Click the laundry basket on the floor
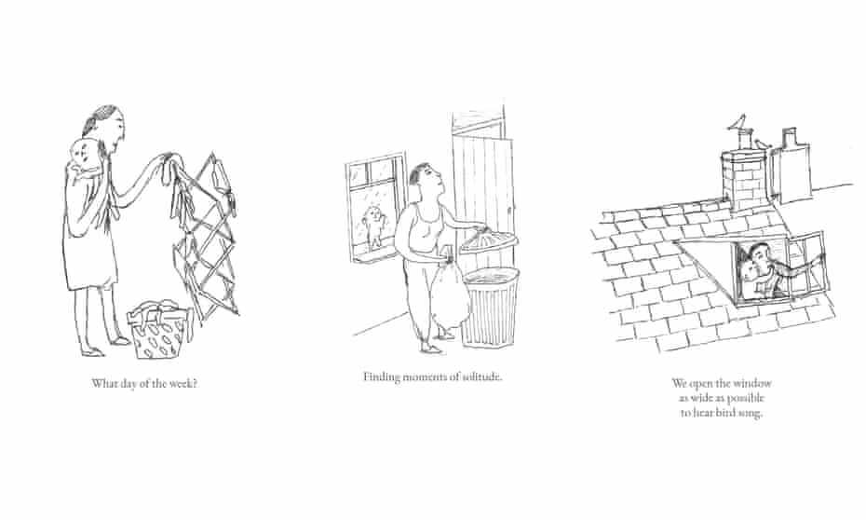tap(158, 330)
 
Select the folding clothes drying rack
tap(206, 238)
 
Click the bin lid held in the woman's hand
tap(489, 241)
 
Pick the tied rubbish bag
tap(450, 295)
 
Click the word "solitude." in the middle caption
tap(482, 376)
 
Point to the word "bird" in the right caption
tap(725, 413)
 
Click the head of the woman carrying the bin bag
tap(424, 179)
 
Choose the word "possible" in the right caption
tap(746, 399)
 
